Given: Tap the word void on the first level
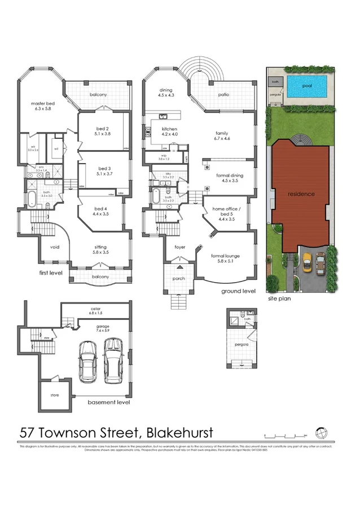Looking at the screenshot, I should (x=55, y=247).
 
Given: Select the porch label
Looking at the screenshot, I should (x=179, y=277).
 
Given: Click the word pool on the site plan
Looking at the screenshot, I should (x=307, y=86).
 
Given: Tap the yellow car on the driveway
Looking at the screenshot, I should (x=307, y=262).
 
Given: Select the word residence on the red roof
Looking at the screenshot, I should (x=301, y=194).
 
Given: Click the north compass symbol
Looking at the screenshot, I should (x=322, y=433).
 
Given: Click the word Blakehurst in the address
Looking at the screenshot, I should (x=179, y=433).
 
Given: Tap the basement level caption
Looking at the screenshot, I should (x=109, y=402).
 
